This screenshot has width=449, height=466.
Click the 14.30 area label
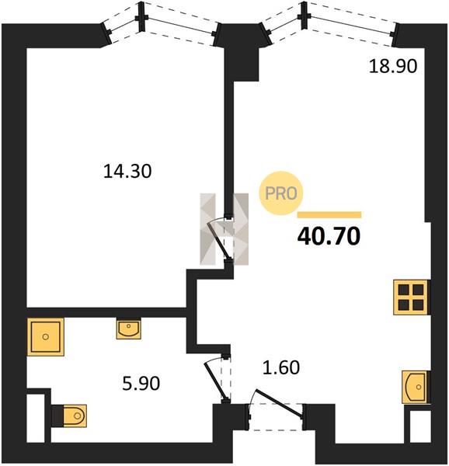[x=127, y=172]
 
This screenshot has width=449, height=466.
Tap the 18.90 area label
[x=393, y=66]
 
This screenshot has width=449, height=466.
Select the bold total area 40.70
[x=329, y=236]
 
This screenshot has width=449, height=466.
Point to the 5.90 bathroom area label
[x=141, y=383]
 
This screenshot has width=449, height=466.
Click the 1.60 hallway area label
[x=280, y=367]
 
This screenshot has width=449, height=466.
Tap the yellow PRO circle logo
[x=280, y=193]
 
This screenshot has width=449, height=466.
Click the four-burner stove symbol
[x=411, y=297]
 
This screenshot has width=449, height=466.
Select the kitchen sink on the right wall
[x=416, y=387]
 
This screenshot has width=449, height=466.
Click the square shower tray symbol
[x=46, y=337]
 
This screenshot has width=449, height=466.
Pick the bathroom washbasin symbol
[x=129, y=329]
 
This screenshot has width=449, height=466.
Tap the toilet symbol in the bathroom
[x=70, y=416]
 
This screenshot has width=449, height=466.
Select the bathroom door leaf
[x=216, y=381]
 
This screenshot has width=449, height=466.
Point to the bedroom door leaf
[x=219, y=241]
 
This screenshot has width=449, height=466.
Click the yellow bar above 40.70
[x=329, y=214]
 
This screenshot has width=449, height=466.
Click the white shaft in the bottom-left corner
[x=36, y=418]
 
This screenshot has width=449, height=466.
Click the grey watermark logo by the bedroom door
[x=224, y=229]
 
